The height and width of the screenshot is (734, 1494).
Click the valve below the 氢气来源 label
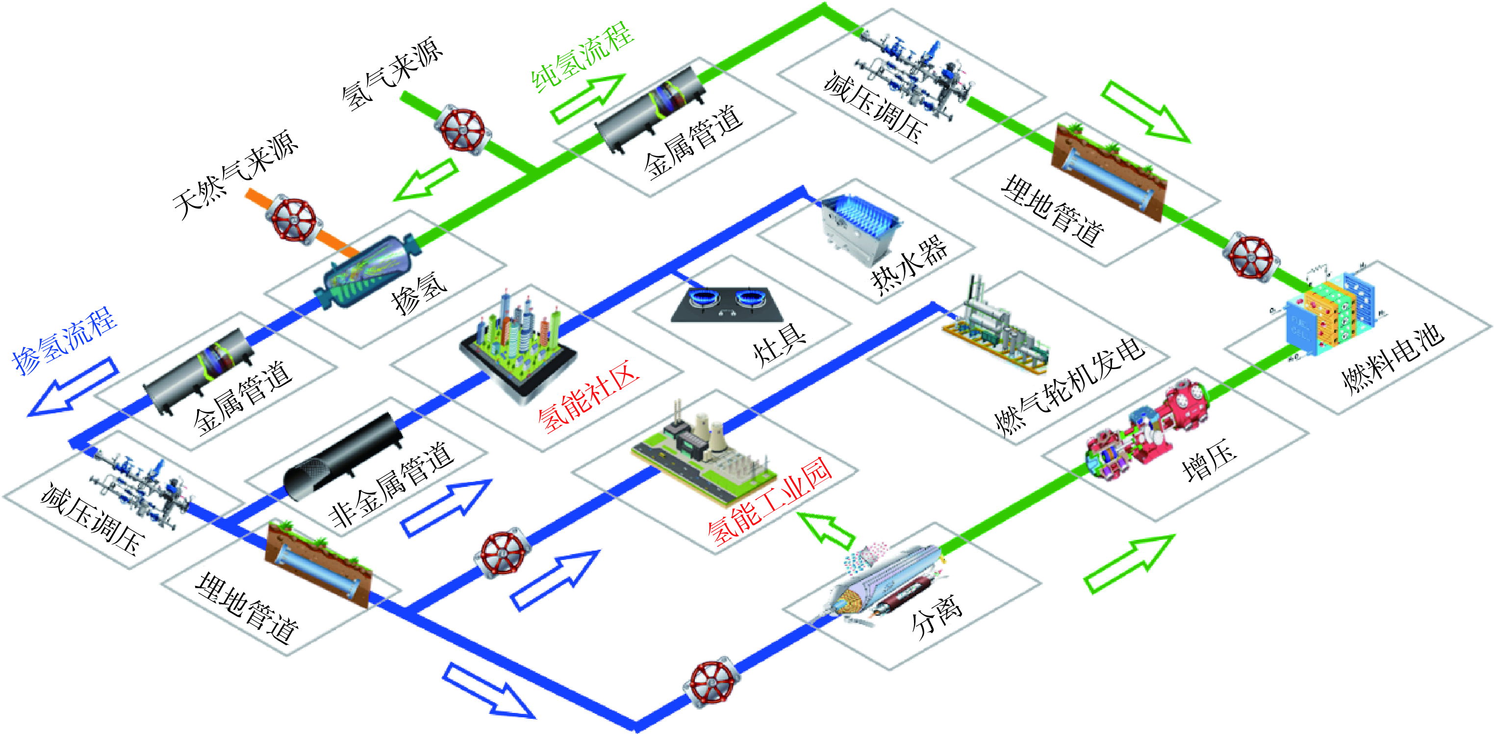pyautogui.click(x=462, y=129)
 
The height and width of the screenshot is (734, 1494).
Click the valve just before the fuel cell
pyautogui.click(x=1250, y=258)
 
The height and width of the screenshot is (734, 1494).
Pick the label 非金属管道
pyautogui.click(x=391, y=484)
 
